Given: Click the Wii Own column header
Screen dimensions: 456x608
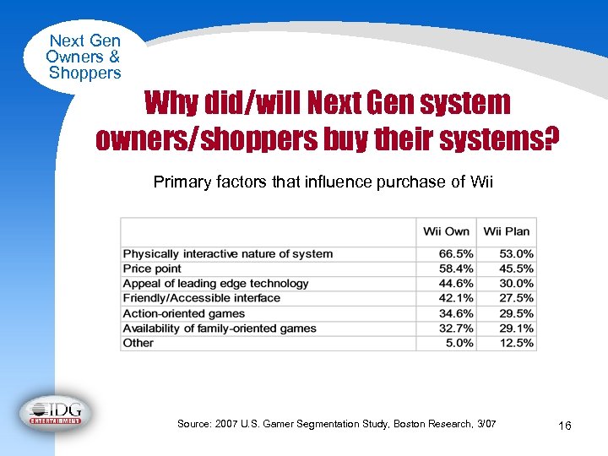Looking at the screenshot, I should (446, 231).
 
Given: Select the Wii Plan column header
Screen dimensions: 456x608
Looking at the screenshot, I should (507, 231).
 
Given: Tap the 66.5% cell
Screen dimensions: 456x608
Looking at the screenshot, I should (456, 254).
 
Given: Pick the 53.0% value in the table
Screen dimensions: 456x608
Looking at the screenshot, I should (516, 254).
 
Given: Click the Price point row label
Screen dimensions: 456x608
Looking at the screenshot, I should (153, 269).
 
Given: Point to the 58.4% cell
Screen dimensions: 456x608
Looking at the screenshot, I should (456, 269).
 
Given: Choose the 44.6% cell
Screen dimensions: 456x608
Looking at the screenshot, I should (456, 284).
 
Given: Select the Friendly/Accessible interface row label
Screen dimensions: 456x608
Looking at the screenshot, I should (202, 298).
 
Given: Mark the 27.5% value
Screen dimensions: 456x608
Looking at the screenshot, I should (516, 298).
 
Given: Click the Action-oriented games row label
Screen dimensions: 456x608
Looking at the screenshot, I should (184, 313).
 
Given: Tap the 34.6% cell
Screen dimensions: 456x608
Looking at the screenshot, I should (456, 313).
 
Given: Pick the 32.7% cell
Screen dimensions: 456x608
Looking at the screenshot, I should (456, 328).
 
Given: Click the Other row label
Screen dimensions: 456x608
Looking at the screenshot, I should (138, 343).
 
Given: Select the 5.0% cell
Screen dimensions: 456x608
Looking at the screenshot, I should (459, 343).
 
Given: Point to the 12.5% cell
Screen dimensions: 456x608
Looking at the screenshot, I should (516, 343).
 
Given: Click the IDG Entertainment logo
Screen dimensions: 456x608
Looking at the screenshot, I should (56, 413).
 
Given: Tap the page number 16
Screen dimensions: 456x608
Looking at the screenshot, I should (565, 426).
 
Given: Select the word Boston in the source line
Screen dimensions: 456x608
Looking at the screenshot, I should (412, 423).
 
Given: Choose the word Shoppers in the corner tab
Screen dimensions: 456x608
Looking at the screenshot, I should (84, 73).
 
